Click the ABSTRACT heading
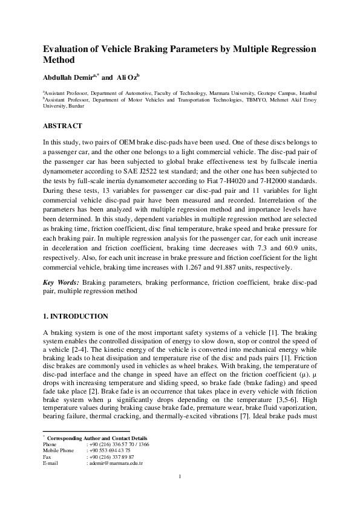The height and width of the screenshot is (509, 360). (64, 127)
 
